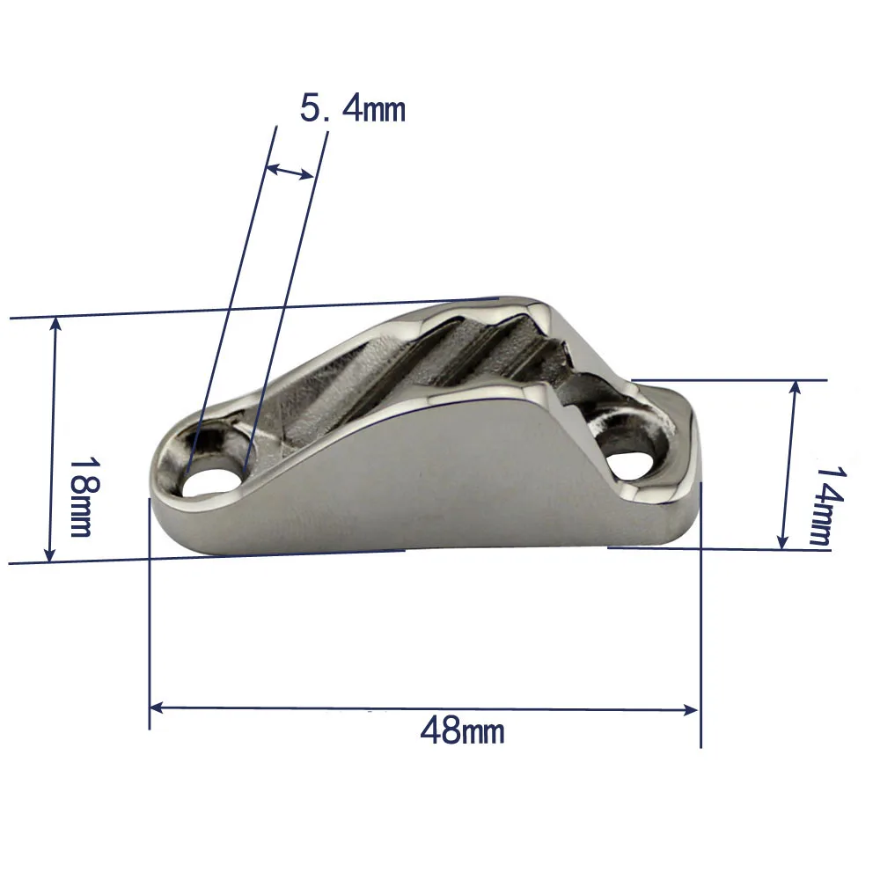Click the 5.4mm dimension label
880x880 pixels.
[x=352, y=109]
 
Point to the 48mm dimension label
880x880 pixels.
[x=462, y=730]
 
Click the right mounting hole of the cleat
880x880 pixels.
[x=631, y=465]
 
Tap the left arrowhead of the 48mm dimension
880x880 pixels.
[x=157, y=707]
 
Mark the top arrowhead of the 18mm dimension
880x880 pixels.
[x=55, y=324]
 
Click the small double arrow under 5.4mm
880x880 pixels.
[x=290, y=171]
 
